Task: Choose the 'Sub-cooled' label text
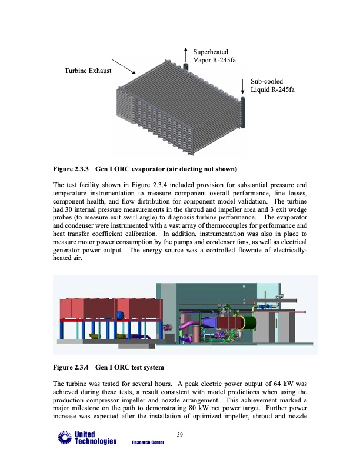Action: (266, 81)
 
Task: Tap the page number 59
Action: (180, 435)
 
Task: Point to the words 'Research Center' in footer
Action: (148, 442)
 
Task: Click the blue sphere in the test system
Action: (121, 316)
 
